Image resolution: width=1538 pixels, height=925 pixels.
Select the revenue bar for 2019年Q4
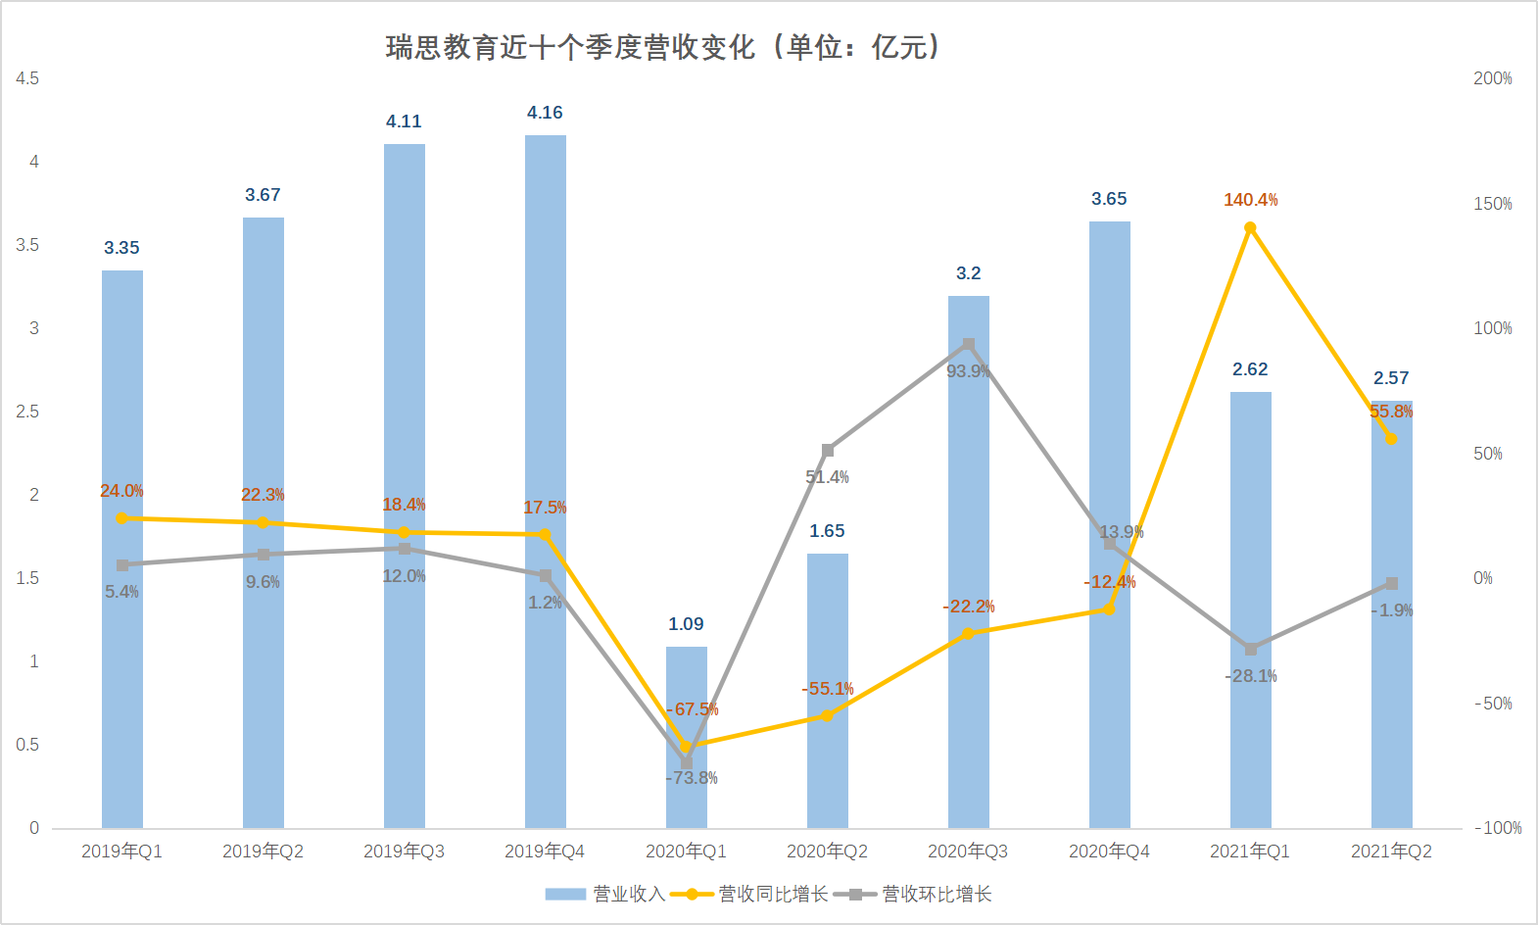tap(545, 480)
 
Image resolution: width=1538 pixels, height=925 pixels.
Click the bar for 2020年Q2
tap(827, 686)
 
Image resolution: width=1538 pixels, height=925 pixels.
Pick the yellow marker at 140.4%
tap(1250, 228)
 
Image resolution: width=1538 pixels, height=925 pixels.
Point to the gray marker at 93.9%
tap(968, 345)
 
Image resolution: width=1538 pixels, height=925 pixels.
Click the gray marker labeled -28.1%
tap(1250, 649)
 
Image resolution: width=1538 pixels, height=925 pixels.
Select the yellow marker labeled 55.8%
tap(1391, 438)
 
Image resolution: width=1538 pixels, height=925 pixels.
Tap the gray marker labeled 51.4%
tap(828, 451)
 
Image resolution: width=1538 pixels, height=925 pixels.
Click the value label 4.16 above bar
tap(545, 113)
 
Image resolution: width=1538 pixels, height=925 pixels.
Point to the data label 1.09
tap(686, 624)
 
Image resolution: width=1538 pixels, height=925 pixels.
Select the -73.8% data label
tap(693, 778)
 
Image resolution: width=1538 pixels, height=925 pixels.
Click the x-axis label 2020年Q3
tap(968, 852)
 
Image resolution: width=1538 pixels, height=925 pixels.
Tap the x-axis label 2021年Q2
tap(1391, 852)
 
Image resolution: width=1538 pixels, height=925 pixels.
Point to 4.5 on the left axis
tap(27, 78)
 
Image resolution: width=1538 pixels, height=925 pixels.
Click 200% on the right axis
tap(1492, 78)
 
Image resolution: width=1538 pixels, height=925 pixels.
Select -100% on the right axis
tap(1498, 828)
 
